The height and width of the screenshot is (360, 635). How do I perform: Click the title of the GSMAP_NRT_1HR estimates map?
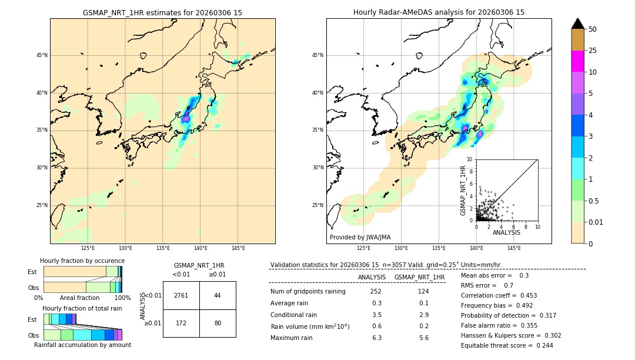tap(162, 12)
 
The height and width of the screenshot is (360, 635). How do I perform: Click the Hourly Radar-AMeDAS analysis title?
tap(439, 12)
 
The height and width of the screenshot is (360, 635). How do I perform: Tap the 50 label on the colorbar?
tap(593, 29)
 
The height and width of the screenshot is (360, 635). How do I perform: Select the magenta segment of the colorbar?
tap(577, 61)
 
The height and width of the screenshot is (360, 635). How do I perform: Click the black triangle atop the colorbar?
tap(577, 24)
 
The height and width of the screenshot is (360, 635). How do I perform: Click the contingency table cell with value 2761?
tap(181, 295)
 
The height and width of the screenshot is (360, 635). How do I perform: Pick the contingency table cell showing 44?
tap(218, 295)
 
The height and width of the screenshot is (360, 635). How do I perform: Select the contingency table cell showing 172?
tap(181, 323)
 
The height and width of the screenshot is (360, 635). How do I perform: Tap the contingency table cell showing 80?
tap(218, 323)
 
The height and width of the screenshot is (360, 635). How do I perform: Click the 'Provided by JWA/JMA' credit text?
tap(360, 237)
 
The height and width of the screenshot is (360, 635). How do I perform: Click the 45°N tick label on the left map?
tap(42, 55)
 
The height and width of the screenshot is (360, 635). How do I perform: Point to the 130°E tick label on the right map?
tap(402, 248)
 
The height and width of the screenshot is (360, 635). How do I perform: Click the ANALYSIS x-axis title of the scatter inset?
tap(506, 233)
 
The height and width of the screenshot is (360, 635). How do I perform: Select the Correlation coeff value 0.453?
tap(524, 295)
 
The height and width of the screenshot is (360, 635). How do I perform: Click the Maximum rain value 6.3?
tap(377, 338)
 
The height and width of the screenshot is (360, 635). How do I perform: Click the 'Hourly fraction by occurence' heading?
tap(82, 261)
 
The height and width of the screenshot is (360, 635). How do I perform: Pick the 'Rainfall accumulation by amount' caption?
tap(83, 345)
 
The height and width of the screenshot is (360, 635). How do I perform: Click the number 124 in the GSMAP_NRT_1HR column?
tap(423, 291)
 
